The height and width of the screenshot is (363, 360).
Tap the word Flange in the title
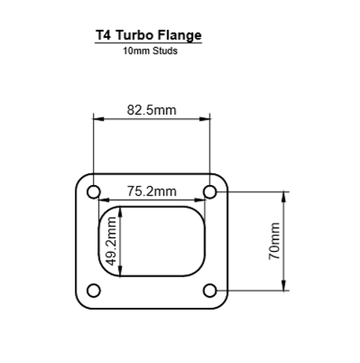coord(180,35)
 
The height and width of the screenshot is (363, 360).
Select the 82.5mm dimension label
coord(152,109)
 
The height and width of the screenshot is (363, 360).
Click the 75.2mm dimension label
coord(152,191)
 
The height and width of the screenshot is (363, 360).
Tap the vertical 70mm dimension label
coord(274,240)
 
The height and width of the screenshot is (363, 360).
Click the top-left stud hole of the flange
coord(95,192)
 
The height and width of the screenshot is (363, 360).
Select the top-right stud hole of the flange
coord(210,192)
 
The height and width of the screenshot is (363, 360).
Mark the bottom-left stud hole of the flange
coord(95,290)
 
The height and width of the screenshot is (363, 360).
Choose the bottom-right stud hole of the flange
coord(210,290)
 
